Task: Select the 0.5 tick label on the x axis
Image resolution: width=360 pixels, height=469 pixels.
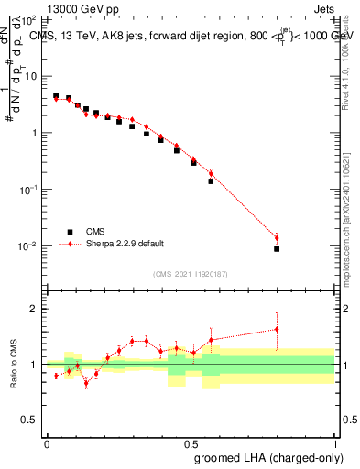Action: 190,442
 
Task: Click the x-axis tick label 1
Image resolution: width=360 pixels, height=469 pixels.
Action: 333,442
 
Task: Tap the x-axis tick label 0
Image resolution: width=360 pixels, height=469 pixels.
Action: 47,442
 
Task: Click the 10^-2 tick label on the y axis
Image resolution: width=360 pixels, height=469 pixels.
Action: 29,246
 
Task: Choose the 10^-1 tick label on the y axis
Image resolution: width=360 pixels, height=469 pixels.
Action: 29,190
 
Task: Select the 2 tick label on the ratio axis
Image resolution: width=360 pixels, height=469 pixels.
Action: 34,309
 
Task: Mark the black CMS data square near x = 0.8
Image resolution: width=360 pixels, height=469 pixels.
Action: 277,248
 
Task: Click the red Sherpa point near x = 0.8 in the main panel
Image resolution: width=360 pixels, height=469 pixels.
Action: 277,238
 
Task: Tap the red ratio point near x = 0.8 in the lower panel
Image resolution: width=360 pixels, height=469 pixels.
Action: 277,329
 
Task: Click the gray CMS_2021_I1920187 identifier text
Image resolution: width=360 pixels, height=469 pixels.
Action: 190,273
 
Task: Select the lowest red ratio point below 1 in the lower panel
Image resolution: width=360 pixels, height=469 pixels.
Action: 86,383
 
